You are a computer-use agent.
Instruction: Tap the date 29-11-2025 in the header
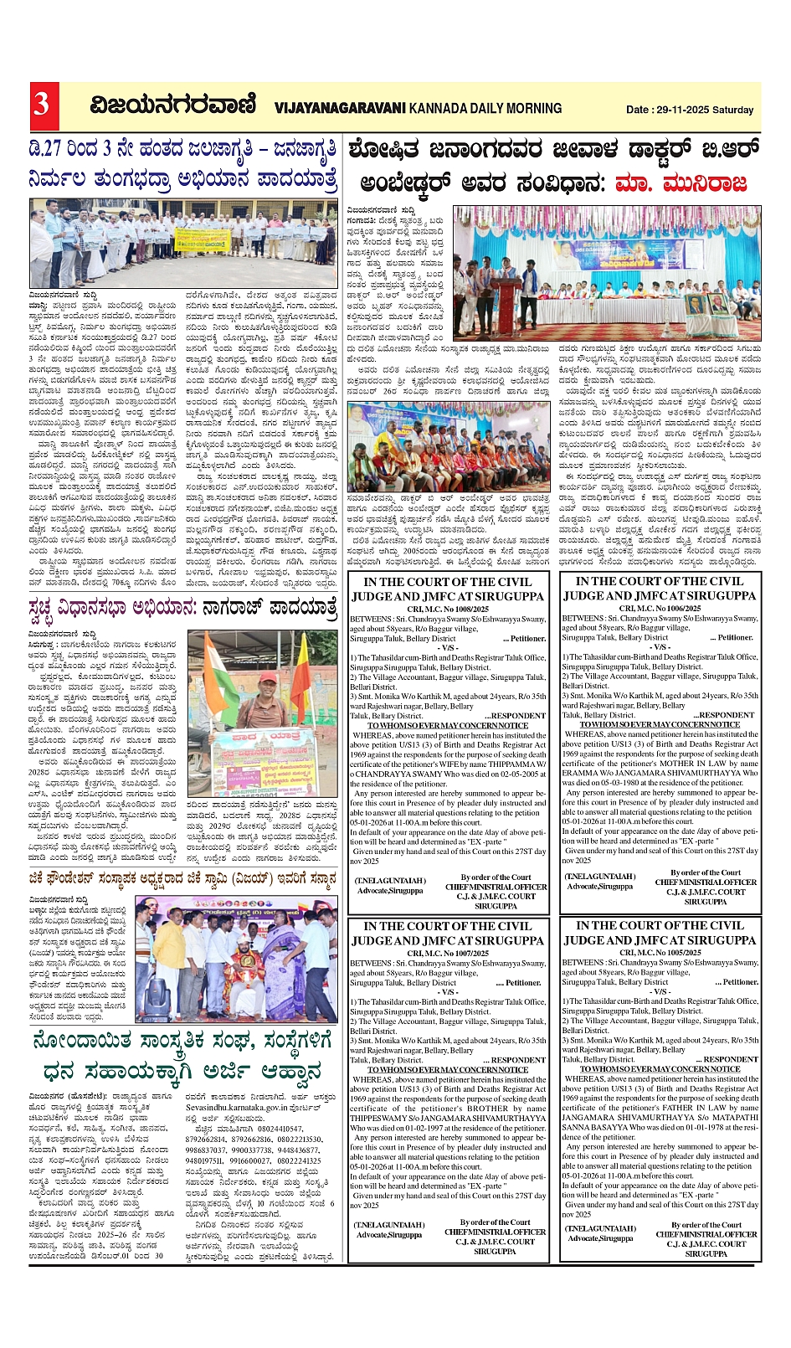681,110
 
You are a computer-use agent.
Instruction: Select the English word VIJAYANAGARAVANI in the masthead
339,108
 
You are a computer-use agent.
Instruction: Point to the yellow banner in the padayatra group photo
201,239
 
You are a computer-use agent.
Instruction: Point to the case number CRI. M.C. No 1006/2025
660,608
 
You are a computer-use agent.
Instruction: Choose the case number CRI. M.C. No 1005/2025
660,953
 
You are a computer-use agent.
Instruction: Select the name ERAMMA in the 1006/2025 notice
585,773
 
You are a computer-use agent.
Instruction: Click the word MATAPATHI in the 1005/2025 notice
727,1117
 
